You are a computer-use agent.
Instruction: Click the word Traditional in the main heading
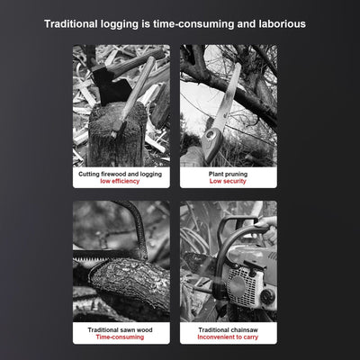click(71, 24)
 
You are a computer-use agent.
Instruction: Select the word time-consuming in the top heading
click(193, 24)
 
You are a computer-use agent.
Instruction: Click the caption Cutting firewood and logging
click(120, 174)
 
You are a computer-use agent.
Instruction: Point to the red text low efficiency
click(120, 181)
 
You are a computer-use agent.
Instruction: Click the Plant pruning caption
click(228, 174)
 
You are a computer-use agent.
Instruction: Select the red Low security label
click(228, 181)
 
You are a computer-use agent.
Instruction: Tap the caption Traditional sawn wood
click(120, 330)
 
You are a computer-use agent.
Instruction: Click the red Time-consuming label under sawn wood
click(120, 337)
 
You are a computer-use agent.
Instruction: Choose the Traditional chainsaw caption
click(228, 330)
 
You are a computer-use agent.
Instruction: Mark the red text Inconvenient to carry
click(228, 337)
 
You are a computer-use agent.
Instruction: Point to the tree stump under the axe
click(117, 135)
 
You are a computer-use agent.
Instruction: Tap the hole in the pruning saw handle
click(212, 134)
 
